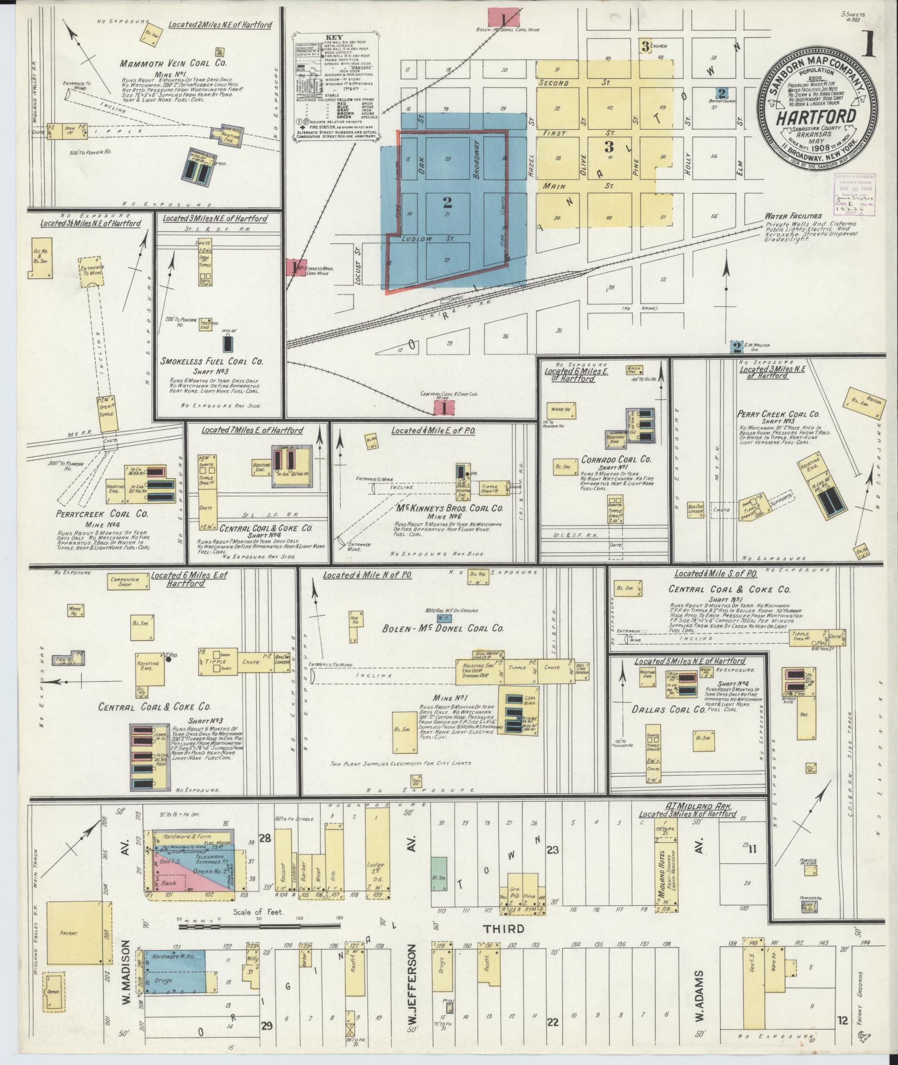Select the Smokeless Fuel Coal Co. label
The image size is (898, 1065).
(x=212, y=361)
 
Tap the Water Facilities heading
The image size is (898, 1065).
(x=793, y=216)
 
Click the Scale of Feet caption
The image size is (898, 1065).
(x=259, y=912)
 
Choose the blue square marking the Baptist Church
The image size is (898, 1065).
(x=722, y=94)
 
